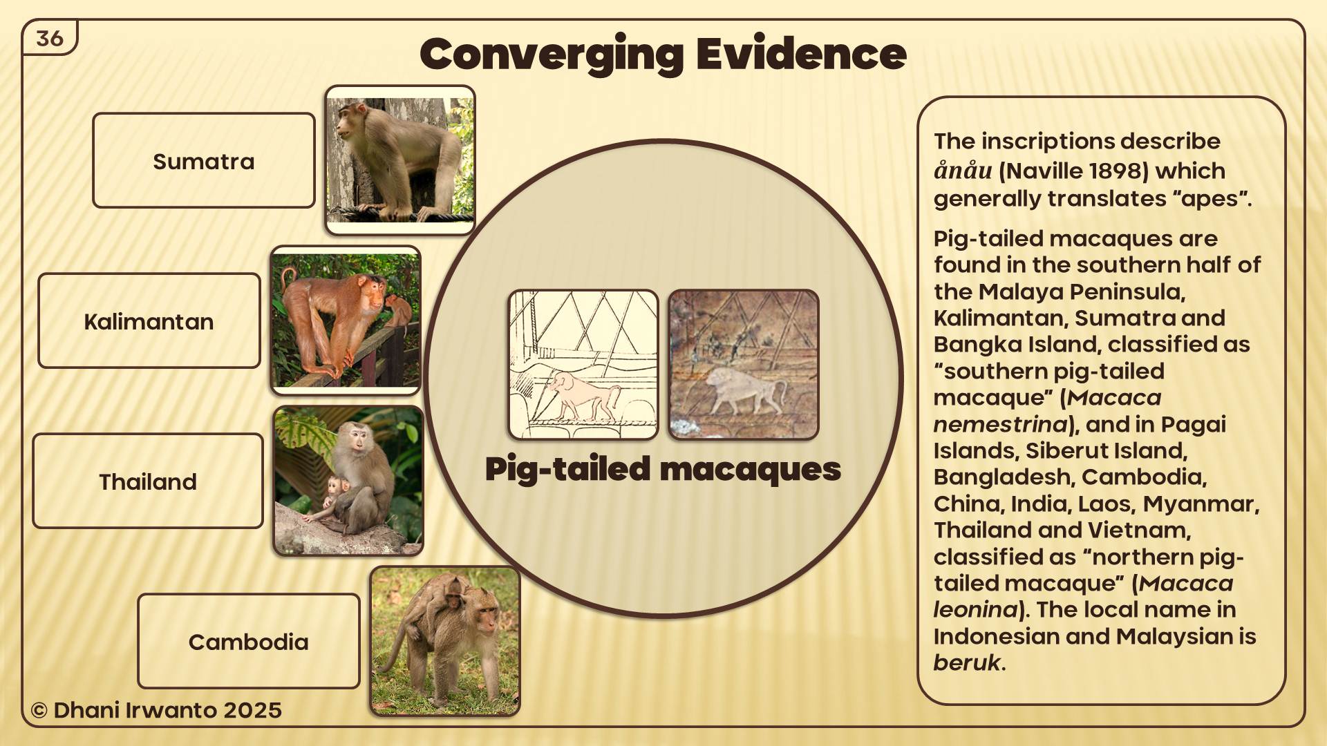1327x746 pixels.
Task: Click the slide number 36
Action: click(x=50, y=39)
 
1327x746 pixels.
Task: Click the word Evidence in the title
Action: click(x=801, y=54)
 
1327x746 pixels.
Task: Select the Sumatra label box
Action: click(x=204, y=160)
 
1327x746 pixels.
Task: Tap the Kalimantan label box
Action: click(x=149, y=321)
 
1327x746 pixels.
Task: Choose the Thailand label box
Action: click(x=148, y=481)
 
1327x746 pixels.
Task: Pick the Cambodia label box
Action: click(x=249, y=641)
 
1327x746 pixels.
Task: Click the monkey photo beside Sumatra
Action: click(x=400, y=160)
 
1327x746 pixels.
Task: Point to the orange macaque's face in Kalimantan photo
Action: click(x=374, y=294)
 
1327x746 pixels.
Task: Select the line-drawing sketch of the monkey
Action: click(x=583, y=364)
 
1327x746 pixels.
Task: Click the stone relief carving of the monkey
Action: click(x=744, y=364)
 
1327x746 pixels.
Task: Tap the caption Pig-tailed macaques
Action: click(x=663, y=469)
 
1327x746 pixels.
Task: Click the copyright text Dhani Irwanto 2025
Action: click(x=156, y=710)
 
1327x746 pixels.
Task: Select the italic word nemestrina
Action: click(x=1001, y=423)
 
